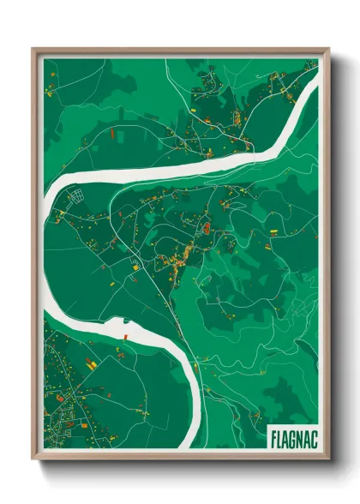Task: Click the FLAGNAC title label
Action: click(x=293, y=437)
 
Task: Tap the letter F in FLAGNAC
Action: click(x=274, y=437)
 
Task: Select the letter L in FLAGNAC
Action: click(x=280, y=437)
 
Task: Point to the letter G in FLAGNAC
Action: click(x=293, y=437)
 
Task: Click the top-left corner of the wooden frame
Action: click(x=33, y=49)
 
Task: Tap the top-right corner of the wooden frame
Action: click(x=328, y=49)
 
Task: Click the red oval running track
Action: click(x=207, y=228)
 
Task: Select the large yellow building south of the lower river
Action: click(x=87, y=365)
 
